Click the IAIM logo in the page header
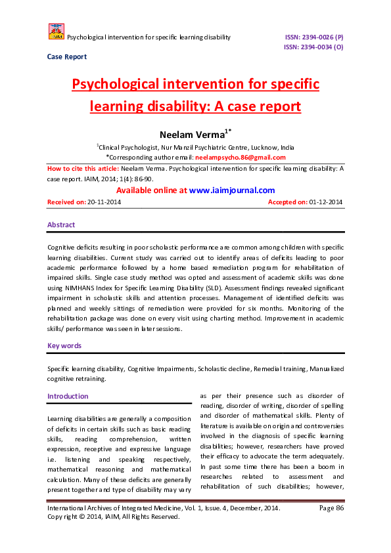pos(56,31)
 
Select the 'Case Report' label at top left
pos(66,56)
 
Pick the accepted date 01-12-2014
pos(326,202)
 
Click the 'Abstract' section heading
pos(61,225)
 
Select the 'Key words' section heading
pos(64,345)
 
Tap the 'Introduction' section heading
pos(68,396)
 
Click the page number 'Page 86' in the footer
pos(331,508)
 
